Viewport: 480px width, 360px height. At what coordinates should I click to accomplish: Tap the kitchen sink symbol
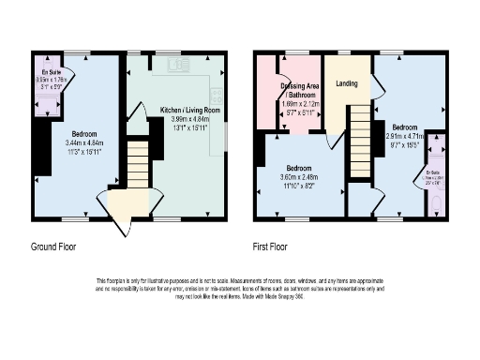point(174,64)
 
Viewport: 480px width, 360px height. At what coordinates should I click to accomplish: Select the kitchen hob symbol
point(217,95)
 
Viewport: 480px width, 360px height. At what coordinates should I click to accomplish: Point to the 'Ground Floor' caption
point(53,247)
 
